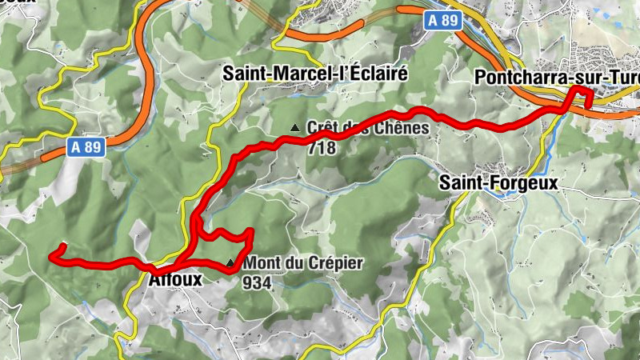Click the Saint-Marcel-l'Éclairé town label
click(315, 74)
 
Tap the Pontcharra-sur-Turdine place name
click(556, 78)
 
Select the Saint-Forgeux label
click(498, 183)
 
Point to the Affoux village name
click(175, 279)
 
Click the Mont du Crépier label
click(303, 262)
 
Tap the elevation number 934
click(259, 282)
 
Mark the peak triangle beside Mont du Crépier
click(232, 262)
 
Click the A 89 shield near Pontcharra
click(444, 21)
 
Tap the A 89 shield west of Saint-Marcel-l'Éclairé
click(86, 147)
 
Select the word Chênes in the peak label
click(403, 128)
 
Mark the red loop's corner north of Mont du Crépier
click(251, 231)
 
